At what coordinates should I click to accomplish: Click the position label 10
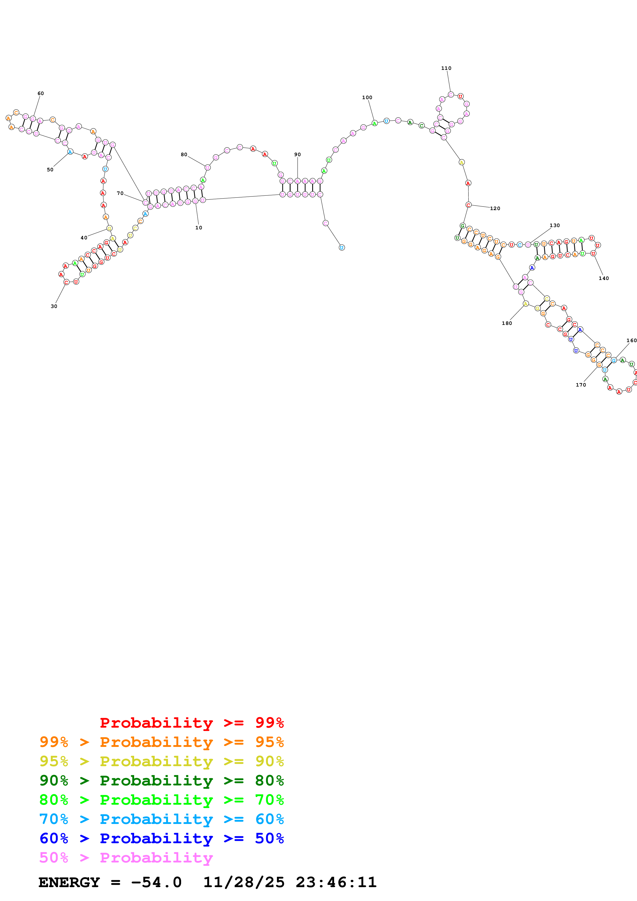point(199,228)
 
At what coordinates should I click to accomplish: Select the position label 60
point(40,93)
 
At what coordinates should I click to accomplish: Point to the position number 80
point(184,155)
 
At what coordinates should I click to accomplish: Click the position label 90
point(298,155)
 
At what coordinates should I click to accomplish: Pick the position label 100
point(367,98)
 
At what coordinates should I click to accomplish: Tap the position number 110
point(446,68)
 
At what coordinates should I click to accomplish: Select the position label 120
point(495,208)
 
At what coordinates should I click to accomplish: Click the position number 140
point(604,278)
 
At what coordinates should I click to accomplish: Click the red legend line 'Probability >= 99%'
point(191,723)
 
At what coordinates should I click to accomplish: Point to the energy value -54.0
point(156,883)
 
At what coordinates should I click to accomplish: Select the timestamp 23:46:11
point(336,883)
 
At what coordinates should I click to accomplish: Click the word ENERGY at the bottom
point(69,883)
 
